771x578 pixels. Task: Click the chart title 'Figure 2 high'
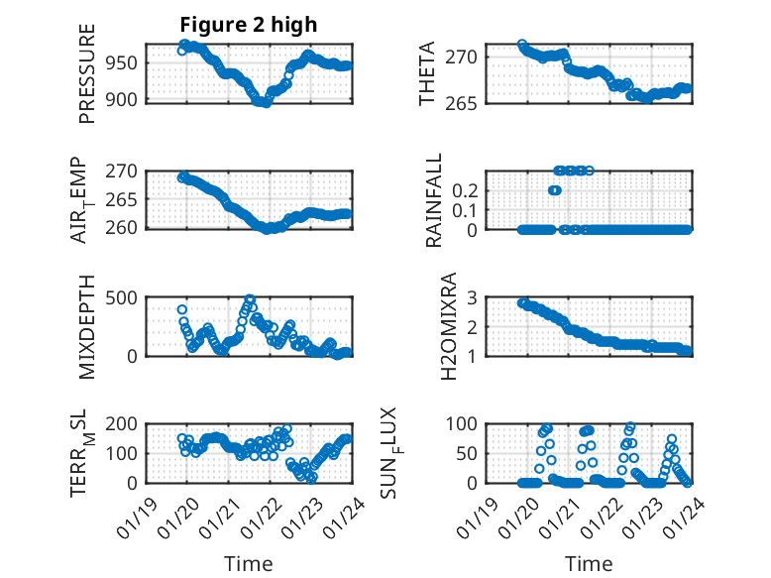click(249, 25)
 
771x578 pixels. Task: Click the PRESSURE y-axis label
click(87, 74)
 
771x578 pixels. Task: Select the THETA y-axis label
click(427, 74)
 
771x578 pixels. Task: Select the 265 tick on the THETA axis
click(469, 103)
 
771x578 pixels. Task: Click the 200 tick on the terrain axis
click(123, 423)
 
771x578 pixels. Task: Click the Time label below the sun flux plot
click(589, 563)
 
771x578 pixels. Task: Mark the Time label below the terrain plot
click(249, 563)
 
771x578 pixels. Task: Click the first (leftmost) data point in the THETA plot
click(522, 45)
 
